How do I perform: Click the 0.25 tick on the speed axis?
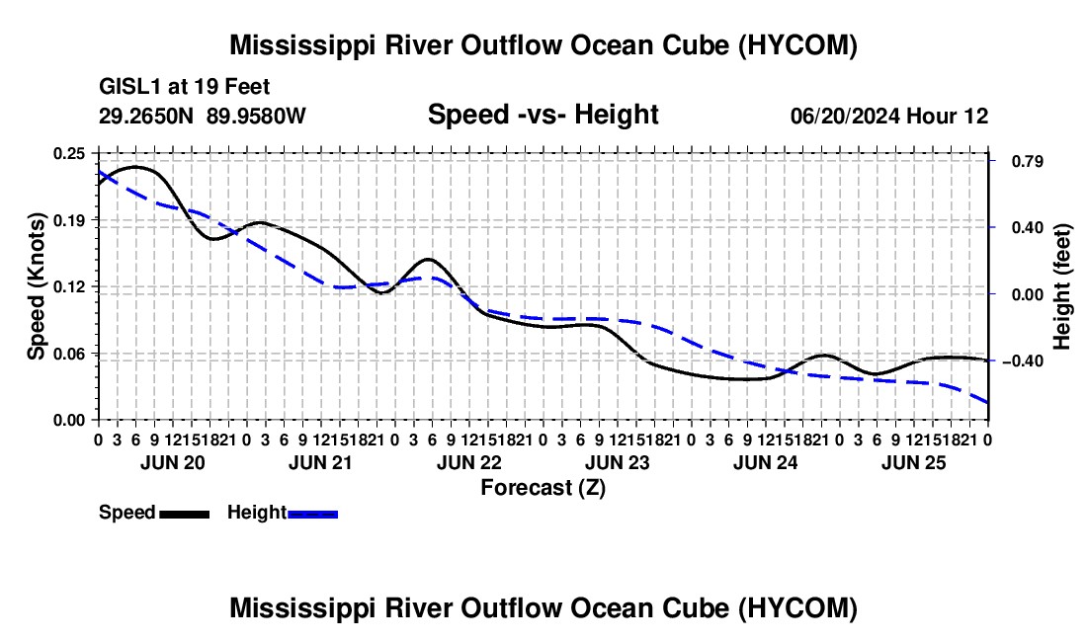68,154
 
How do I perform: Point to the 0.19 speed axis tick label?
68,220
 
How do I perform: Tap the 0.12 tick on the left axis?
68,286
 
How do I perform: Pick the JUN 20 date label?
173,462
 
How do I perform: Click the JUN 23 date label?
617,462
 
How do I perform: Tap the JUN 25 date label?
914,462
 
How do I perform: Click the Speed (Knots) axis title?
36,286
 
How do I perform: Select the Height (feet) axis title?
1061,286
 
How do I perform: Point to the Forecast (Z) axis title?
543,488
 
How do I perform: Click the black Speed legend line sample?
185,515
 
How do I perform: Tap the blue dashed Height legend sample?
312,515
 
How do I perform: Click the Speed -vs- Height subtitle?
543,115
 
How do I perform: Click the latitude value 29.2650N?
146,116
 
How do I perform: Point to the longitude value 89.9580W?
256,116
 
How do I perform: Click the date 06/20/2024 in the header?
845,116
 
